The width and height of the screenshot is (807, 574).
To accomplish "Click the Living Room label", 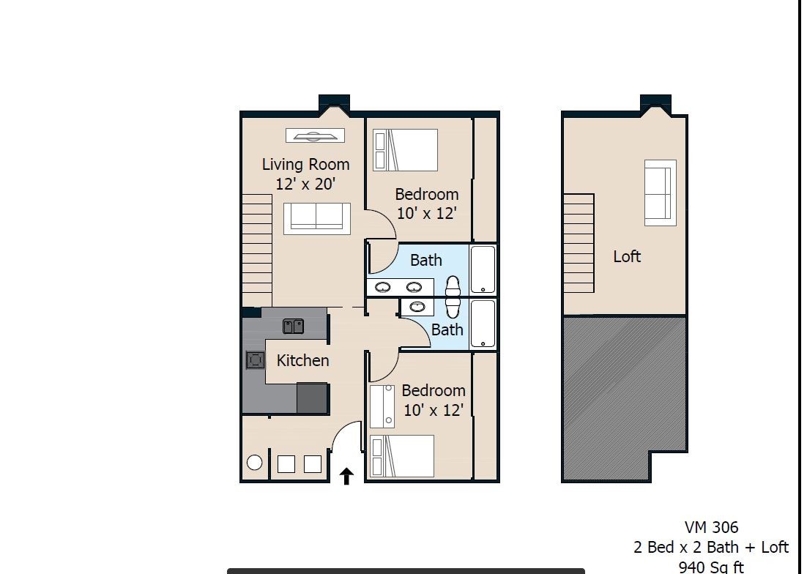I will coord(305,165).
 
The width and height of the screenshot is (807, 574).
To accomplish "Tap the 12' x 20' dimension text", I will coord(305,184).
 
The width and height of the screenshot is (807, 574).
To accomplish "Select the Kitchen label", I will coord(302,360).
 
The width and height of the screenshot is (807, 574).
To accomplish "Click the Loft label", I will coord(627,256).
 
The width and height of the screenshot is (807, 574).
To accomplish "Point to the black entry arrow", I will coord(346,477).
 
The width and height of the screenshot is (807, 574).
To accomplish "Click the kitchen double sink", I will coord(293,326).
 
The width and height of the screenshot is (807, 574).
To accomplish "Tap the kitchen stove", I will coord(255,359).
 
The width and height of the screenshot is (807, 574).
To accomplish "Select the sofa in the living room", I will coord(316,217).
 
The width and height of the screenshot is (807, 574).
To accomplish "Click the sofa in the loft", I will coord(660,193).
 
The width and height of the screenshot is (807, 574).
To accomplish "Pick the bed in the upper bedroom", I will coord(405,150).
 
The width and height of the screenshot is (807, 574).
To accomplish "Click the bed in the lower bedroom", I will coord(402,456).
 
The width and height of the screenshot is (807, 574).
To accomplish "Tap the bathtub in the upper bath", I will coord(483,269).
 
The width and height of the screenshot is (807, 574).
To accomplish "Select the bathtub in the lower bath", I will coord(483,324).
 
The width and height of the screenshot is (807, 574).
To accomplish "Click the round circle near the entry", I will coord(254,462).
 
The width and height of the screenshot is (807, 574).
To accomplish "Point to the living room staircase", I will coord(256,249).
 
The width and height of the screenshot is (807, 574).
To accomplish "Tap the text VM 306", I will coord(711,527).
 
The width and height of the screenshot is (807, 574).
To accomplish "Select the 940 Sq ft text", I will coord(710,567).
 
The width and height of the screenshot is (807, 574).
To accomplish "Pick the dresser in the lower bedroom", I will coord(382,406).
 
